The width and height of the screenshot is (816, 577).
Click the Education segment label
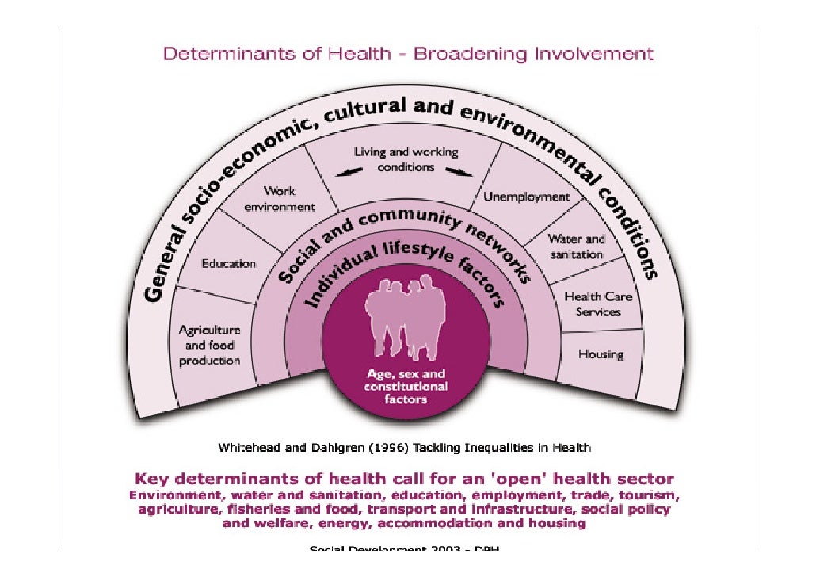click(228, 263)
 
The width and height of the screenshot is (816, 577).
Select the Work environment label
click(279, 199)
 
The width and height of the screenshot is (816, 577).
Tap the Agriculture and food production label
click(209, 346)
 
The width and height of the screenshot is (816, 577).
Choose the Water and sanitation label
click(576, 246)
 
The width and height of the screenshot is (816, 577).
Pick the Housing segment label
click(601, 354)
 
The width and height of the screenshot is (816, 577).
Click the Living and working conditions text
click(406, 159)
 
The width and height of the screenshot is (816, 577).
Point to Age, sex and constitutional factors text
click(406, 386)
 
